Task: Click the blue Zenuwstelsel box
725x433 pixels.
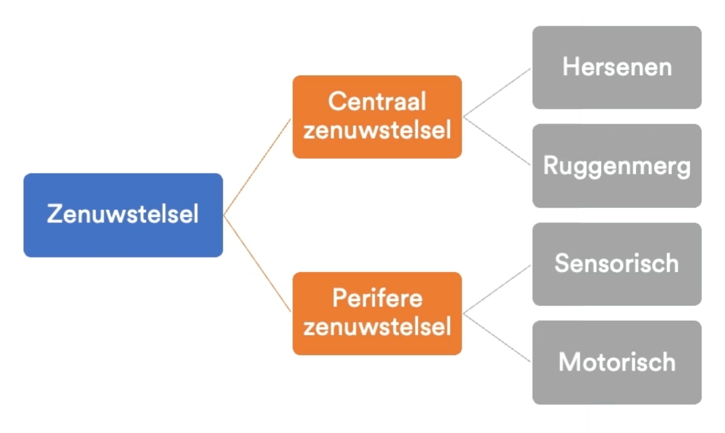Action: coord(123,215)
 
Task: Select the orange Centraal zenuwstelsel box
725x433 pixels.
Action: coord(377,116)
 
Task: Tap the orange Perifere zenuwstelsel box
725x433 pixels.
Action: coord(377,313)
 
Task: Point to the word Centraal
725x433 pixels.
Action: coord(377,102)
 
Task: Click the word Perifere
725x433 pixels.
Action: coord(377,299)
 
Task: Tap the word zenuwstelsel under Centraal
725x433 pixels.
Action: coord(377,131)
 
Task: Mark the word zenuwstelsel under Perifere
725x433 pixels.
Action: coord(377,327)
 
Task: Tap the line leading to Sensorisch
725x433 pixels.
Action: coord(497,289)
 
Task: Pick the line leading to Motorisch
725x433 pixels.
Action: coord(497,338)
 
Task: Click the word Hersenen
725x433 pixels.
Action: coord(616,66)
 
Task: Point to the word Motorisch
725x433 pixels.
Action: coord(616,362)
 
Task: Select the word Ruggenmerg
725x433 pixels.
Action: coord(616,166)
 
